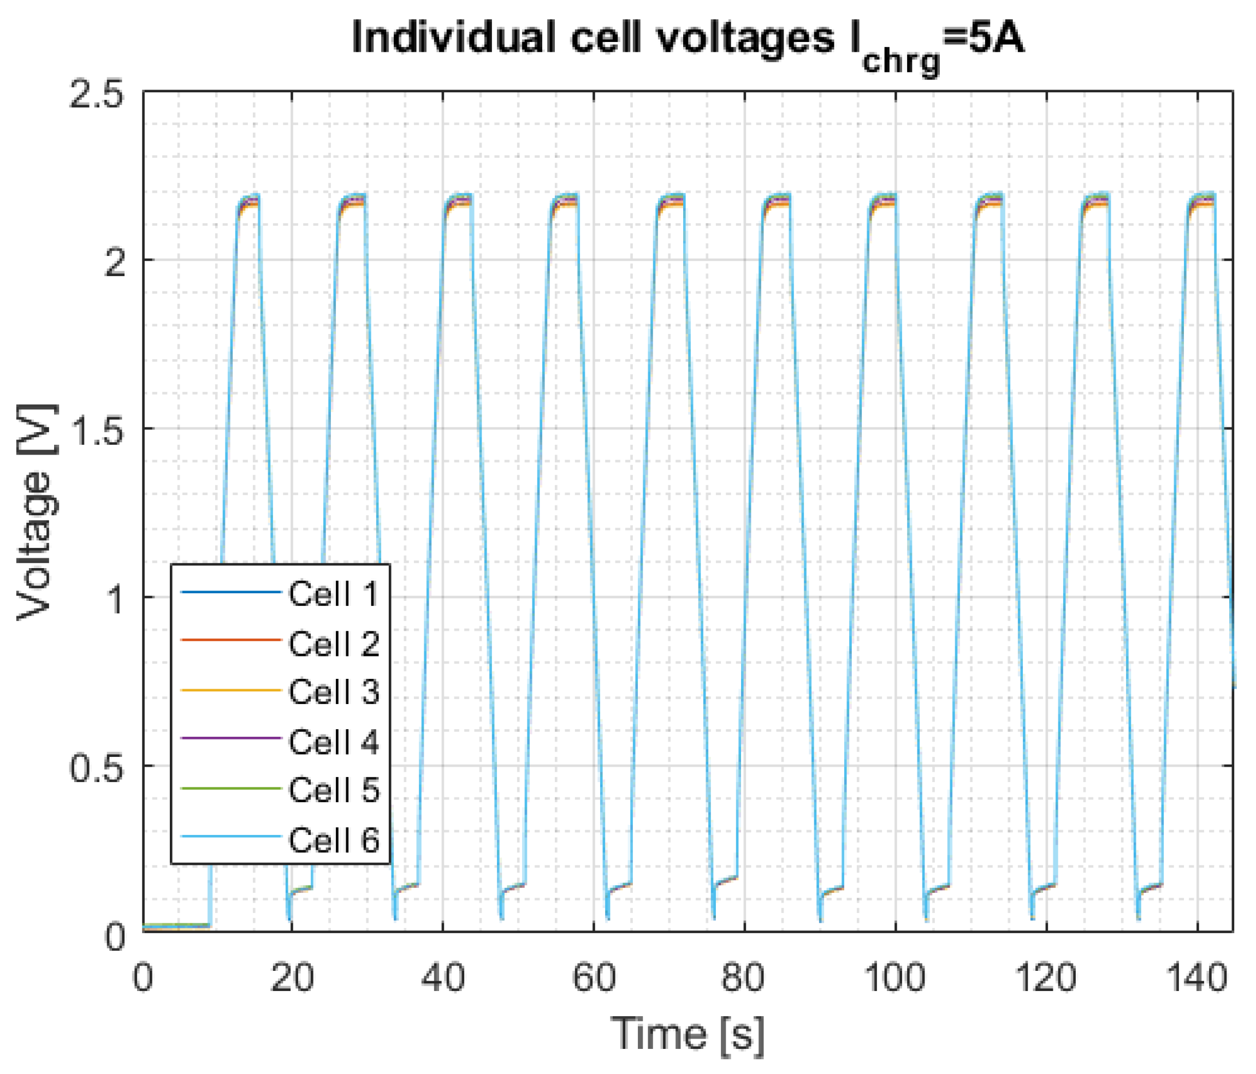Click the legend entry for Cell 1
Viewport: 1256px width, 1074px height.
(334, 594)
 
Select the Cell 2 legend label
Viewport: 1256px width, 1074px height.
(334, 643)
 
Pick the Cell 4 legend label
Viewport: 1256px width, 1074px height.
(334, 742)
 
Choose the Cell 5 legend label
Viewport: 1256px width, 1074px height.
(334, 790)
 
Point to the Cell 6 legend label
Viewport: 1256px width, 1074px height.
(334, 839)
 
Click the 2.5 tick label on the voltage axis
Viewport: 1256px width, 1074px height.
(97, 96)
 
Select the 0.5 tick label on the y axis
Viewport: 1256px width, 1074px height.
(97, 769)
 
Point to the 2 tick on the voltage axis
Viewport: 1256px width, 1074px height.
(115, 264)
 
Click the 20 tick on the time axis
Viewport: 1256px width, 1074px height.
(292, 978)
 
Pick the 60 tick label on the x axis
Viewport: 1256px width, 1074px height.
(594, 978)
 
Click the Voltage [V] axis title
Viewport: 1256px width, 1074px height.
(37, 512)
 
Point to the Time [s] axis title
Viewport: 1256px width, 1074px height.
(688, 1034)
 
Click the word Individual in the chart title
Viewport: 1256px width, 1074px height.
(452, 38)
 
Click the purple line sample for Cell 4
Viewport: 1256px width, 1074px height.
(231, 738)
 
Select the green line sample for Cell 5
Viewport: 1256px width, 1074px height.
(231, 788)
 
